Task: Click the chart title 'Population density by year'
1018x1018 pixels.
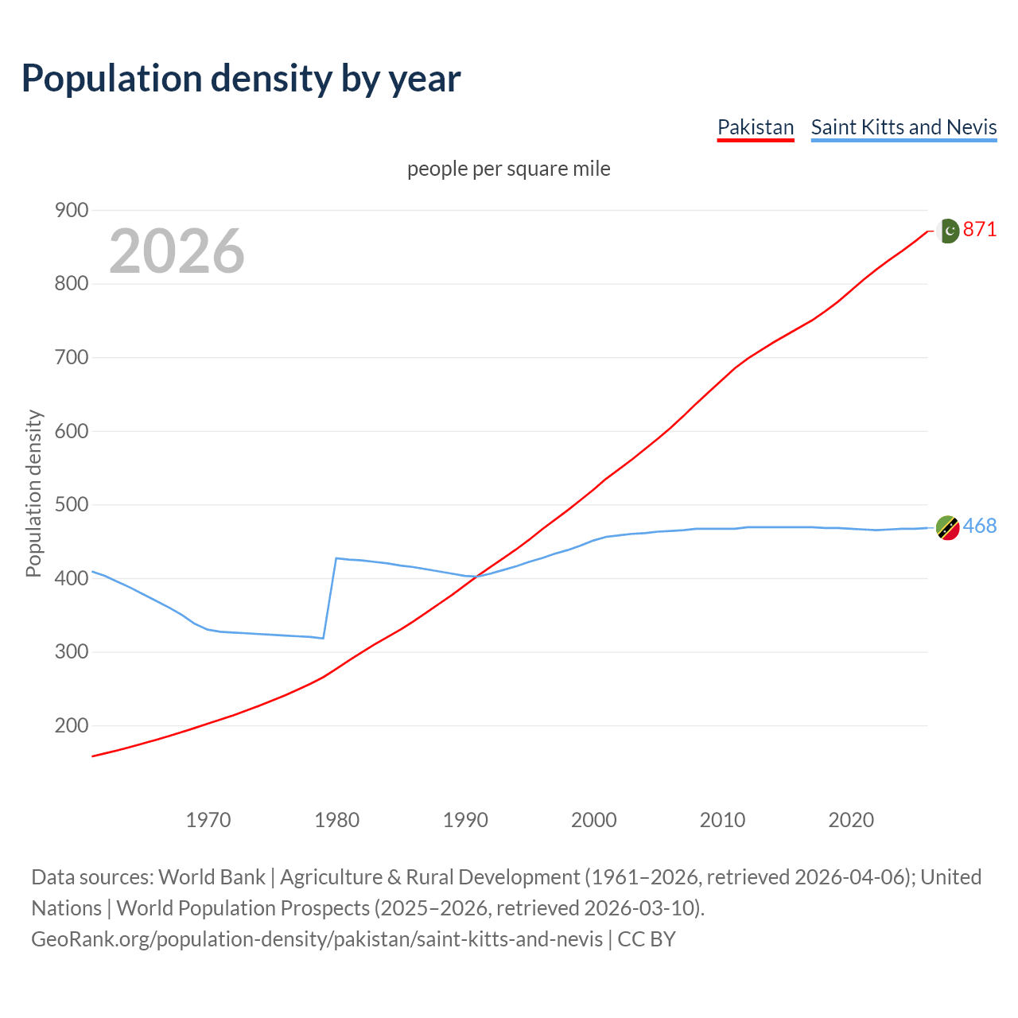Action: pos(241,79)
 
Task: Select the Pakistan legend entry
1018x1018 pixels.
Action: pos(756,127)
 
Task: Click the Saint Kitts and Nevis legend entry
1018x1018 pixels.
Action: pos(903,127)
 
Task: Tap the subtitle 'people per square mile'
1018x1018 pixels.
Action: pos(509,169)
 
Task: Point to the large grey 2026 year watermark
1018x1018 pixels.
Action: pos(177,251)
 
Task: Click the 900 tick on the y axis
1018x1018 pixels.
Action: pos(72,211)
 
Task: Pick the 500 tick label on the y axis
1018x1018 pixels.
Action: pos(72,505)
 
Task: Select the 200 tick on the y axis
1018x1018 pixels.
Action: pos(72,725)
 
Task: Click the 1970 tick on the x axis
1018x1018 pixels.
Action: pos(208,820)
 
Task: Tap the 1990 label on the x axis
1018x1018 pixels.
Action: pos(465,820)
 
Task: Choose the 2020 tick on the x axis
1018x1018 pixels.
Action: pos(851,820)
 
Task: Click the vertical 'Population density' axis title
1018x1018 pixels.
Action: pos(33,493)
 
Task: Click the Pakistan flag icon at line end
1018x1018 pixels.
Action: pos(948,231)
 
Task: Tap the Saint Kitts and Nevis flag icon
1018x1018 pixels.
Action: pos(947,527)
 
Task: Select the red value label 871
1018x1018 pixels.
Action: pos(980,230)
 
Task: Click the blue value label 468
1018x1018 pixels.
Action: pos(980,526)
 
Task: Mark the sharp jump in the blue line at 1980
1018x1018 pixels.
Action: pos(330,596)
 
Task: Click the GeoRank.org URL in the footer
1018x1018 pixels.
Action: pos(317,939)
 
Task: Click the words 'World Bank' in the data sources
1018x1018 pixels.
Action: pos(212,877)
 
